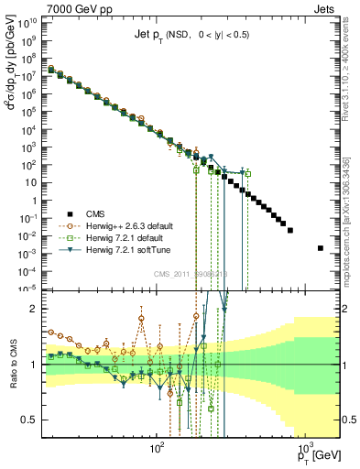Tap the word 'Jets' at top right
327,8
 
